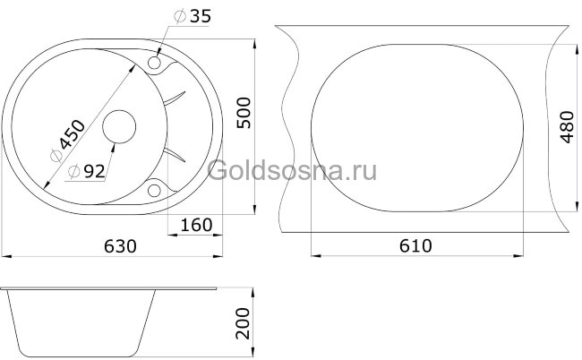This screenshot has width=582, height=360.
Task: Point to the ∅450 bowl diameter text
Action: [x=69, y=140]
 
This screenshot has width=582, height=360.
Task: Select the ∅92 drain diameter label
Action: [x=86, y=171]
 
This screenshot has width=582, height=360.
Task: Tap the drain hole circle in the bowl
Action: [x=117, y=128]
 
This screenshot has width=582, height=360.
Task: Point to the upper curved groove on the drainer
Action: [x=175, y=99]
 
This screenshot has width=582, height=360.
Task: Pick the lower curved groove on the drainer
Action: [x=175, y=157]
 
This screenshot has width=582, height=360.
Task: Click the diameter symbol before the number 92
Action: [x=73, y=171]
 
